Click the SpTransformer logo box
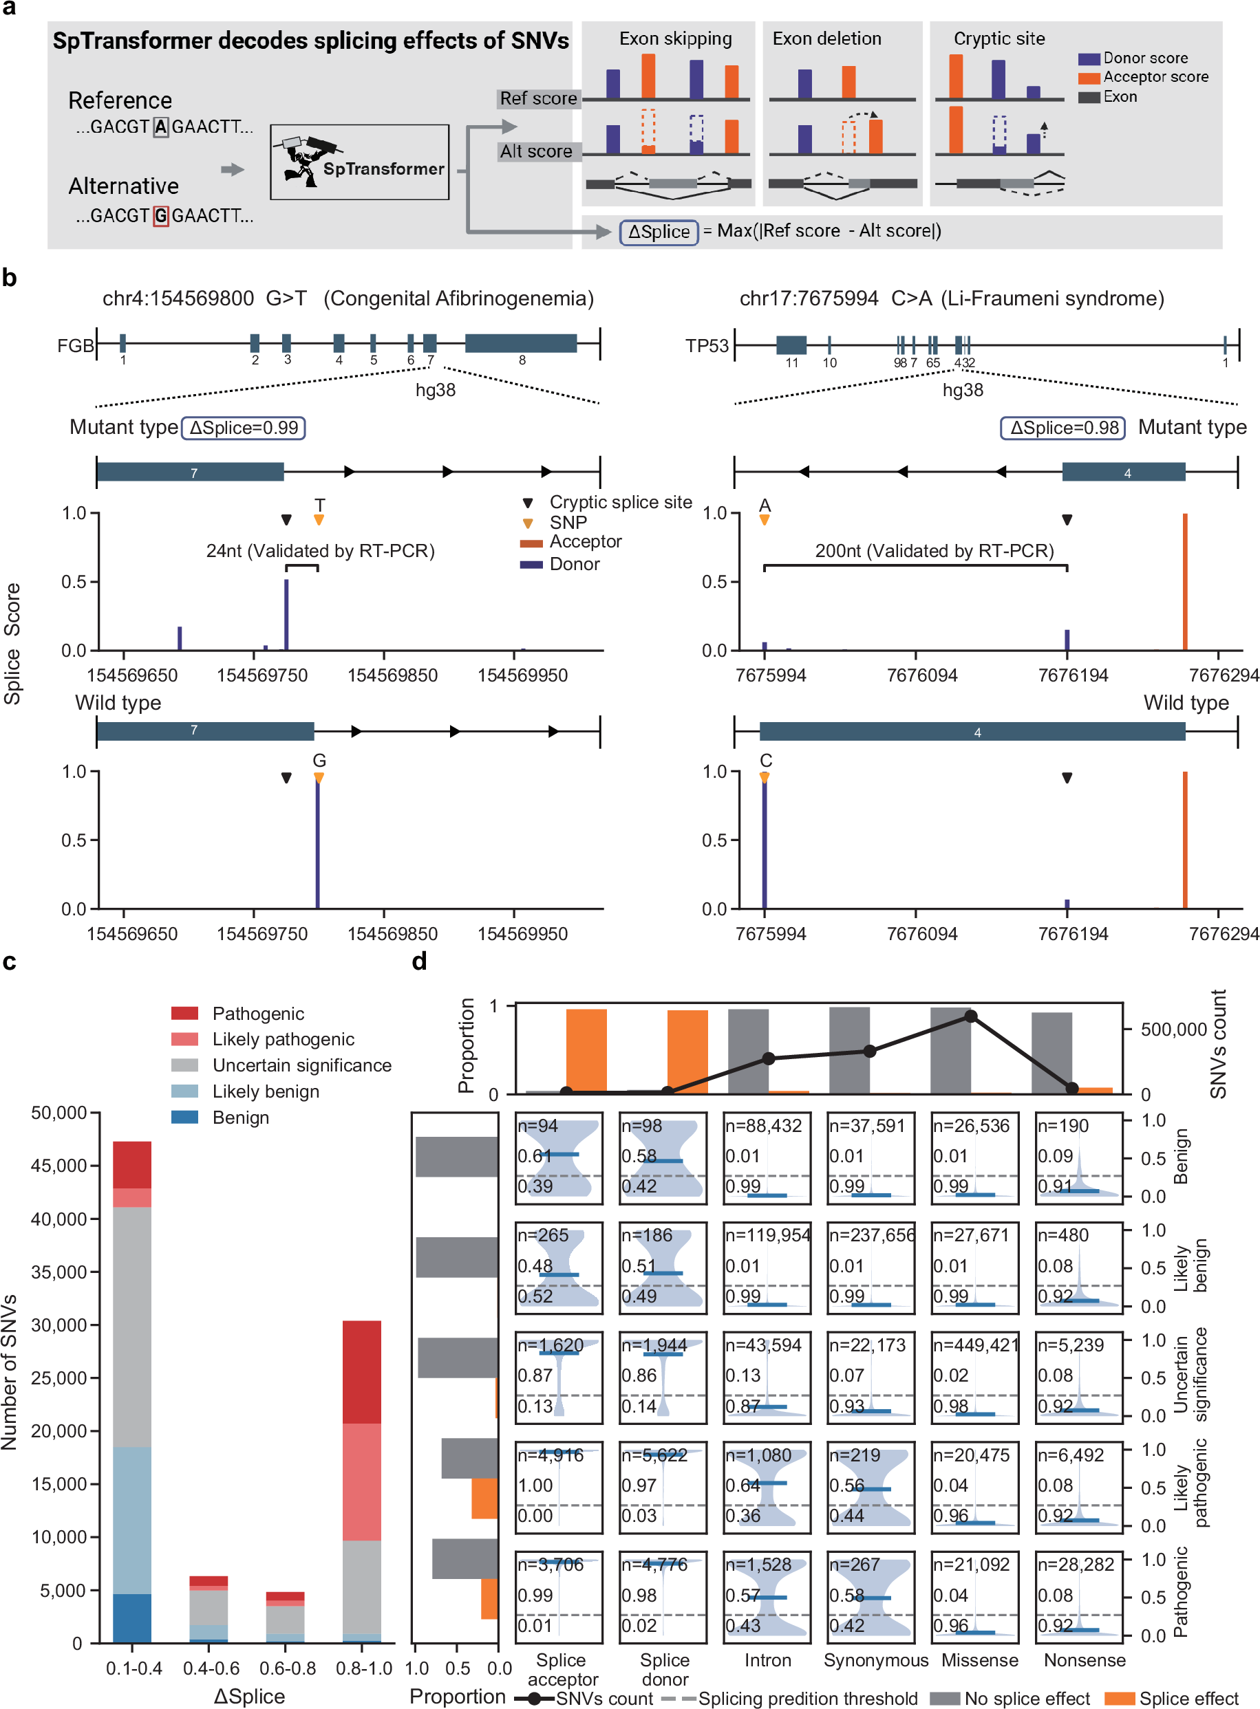click(359, 162)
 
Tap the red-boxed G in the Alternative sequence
click(160, 217)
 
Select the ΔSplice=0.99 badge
click(244, 428)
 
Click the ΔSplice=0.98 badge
click(1063, 428)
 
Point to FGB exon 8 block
click(521, 343)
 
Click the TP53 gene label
click(706, 346)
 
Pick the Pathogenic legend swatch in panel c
click(184, 1013)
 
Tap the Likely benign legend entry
click(266, 1091)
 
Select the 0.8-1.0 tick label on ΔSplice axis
click(364, 1668)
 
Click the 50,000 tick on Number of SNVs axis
click(58, 1113)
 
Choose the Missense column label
click(979, 1660)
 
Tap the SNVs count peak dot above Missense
click(970, 1016)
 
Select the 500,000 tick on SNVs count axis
click(1173, 1030)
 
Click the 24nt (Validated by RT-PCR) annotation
click(321, 550)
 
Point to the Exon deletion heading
click(826, 39)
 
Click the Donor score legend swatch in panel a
click(1089, 58)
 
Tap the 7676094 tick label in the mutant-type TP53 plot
click(921, 675)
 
